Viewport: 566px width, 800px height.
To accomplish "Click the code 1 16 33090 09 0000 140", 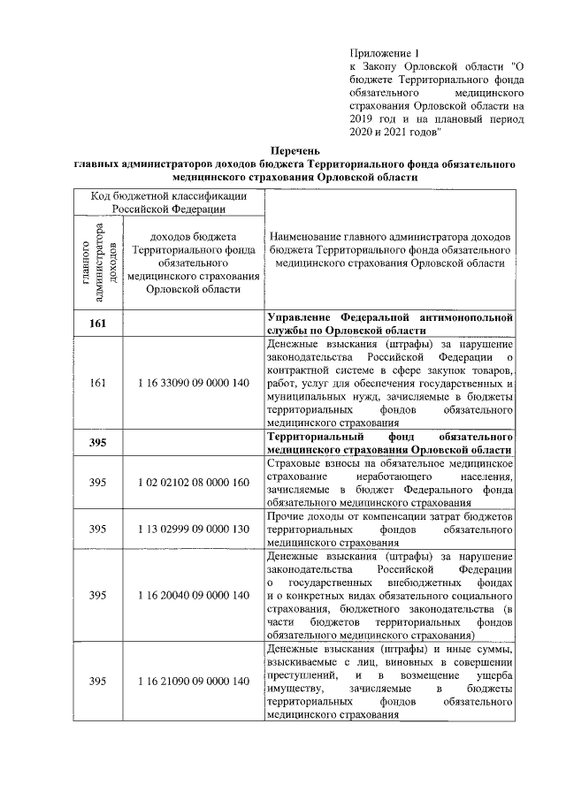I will (193, 383).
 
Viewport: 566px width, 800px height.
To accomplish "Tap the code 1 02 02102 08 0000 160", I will (193, 483).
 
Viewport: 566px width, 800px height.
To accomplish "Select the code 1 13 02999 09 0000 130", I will (193, 529).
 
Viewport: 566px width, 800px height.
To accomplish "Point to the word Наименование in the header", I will (308, 238).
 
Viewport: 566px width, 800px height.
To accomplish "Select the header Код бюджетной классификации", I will (168, 196).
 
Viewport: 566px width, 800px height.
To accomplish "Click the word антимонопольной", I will (467, 316).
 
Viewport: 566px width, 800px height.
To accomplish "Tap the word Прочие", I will (287, 515).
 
